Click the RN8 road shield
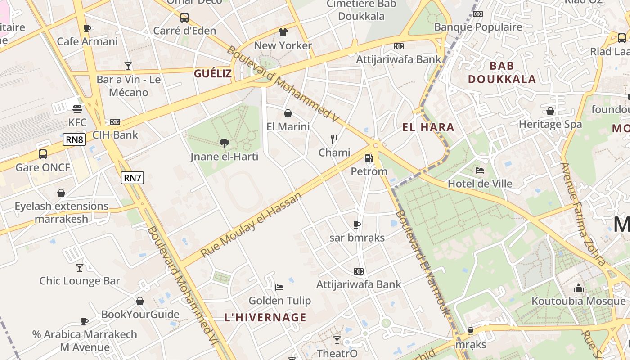click(x=75, y=139)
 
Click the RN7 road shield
click(x=133, y=178)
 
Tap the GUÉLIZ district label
click(x=212, y=74)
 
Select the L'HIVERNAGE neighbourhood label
click(x=265, y=317)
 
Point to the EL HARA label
click(x=428, y=127)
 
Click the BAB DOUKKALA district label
click(x=502, y=72)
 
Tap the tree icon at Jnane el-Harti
click(x=224, y=144)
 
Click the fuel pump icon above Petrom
click(x=369, y=158)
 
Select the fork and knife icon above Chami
click(x=334, y=139)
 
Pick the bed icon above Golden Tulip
click(x=279, y=287)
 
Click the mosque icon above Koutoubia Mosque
click(x=579, y=288)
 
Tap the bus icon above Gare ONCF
click(x=43, y=154)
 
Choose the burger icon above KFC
click(x=77, y=109)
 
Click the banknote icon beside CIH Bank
click(x=115, y=122)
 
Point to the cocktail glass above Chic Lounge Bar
click(x=80, y=267)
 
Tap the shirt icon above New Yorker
click(x=283, y=32)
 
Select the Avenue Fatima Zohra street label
click(x=583, y=214)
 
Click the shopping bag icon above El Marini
click(x=288, y=113)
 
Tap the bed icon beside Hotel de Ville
click(x=480, y=171)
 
